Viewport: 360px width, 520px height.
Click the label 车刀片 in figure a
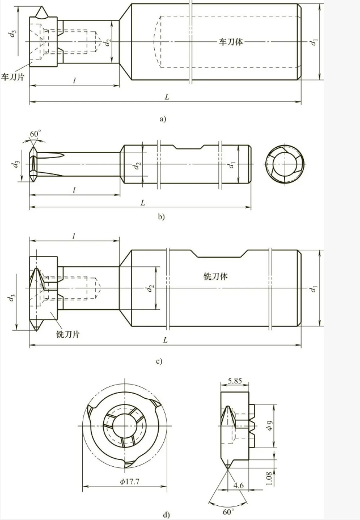(12, 75)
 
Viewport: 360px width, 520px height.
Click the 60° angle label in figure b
(35, 133)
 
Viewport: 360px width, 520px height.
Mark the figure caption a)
(163, 119)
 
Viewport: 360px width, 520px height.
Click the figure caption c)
(159, 361)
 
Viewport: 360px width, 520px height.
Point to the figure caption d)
(166, 514)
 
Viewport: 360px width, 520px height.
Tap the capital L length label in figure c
(165, 340)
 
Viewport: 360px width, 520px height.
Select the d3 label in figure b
(13, 164)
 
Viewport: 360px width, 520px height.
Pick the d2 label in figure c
(149, 289)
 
